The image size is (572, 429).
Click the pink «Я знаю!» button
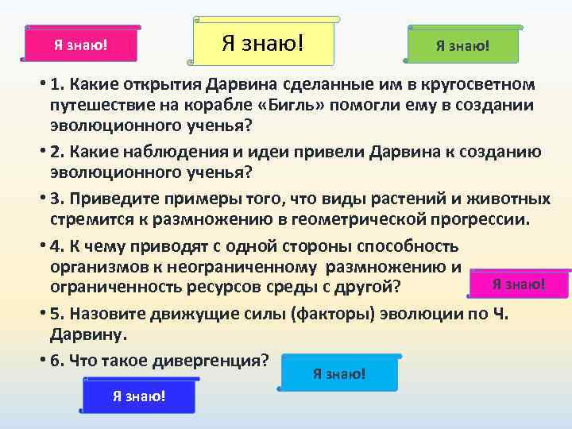pyautogui.click(x=80, y=44)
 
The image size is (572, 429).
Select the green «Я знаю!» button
pyautogui.click(x=462, y=45)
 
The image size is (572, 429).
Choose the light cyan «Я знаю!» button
pyautogui.click(x=339, y=373)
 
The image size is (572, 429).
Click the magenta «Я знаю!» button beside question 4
pyautogui.click(x=518, y=284)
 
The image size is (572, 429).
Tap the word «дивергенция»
pyautogui.click(x=211, y=360)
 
